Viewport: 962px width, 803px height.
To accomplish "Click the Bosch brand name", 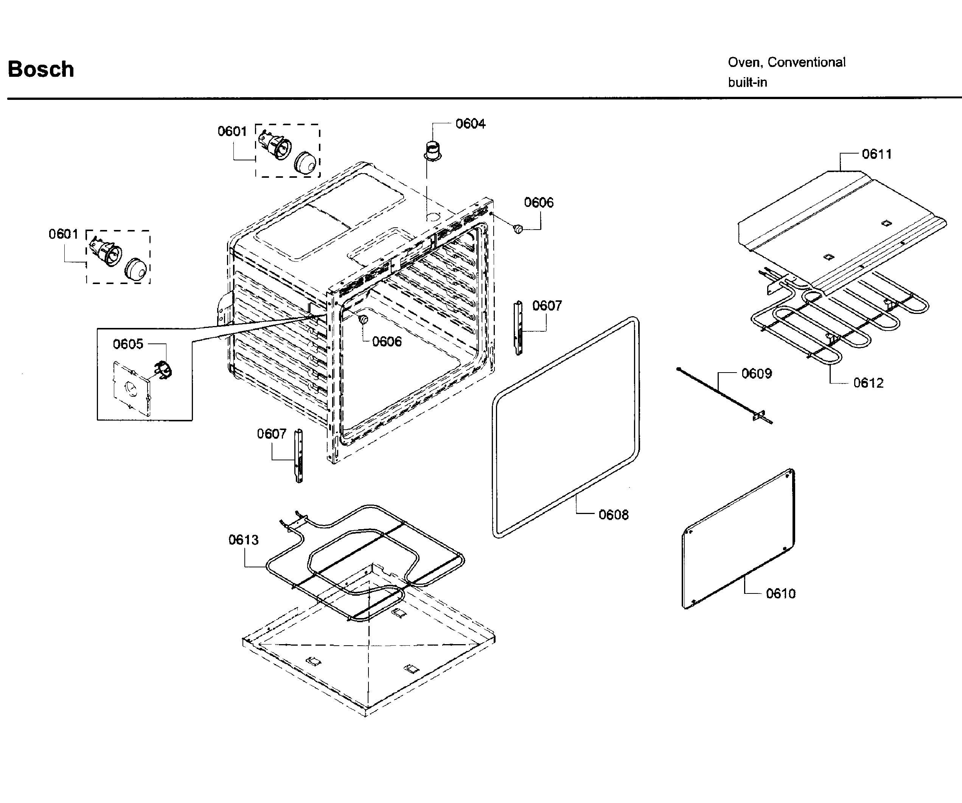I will click(x=41, y=69).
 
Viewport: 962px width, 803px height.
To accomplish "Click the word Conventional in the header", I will click(x=806, y=62).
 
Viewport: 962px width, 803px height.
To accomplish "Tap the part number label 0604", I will click(x=471, y=124).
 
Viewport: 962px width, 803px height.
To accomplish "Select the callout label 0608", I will click(x=613, y=515).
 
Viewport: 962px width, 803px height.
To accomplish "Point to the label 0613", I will click(x=243, y=540).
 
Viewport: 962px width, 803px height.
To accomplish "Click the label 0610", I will click(x=780, y=594).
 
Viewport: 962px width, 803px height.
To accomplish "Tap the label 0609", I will click(x=756, y=374).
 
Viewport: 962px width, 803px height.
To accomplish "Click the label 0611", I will click(x=877, y=154).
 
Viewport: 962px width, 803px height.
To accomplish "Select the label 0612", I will click(x=868, y=383).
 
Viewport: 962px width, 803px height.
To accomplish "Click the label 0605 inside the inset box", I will click(x=128, y=344).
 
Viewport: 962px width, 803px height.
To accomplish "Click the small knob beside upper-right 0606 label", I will click(x=519, y=228).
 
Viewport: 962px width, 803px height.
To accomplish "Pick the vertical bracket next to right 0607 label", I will click(x=519, y=328).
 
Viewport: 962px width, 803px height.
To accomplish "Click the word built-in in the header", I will click(x=747, y=82).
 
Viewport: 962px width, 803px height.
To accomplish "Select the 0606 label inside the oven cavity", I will click(x=387, y=342).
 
